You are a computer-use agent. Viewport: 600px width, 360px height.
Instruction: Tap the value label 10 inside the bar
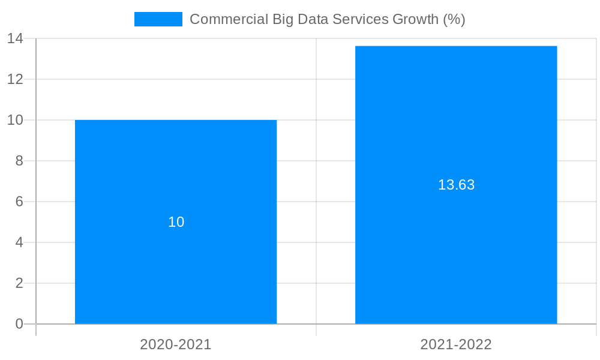(x=176, y=222)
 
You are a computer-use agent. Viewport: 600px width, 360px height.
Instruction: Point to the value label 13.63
(x=456, y=185)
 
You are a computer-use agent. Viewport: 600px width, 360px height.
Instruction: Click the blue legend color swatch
(x=158, y=19)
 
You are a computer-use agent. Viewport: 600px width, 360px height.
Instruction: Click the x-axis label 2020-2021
(x=176, y=344)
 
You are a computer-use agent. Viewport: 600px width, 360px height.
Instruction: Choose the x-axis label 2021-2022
(x=456, y=344)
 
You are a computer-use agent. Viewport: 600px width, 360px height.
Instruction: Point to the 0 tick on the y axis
(x=19, y=324)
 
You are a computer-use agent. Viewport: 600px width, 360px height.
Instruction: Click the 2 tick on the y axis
(x=19, y=283)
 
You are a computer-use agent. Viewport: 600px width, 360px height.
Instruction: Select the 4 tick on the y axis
(x=19, y=242)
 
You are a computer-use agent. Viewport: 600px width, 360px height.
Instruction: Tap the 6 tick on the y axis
(x=19, y=202)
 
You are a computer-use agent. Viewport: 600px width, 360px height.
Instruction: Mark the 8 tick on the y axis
(x=19, y=161)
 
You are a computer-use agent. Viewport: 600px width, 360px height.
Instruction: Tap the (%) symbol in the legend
(x=454, y=19)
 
